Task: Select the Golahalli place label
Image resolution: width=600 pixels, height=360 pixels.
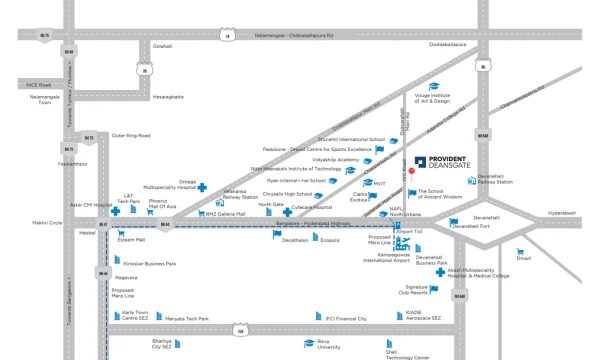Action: tap(162, 46)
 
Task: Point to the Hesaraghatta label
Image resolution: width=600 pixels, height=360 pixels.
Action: tap(168, 97)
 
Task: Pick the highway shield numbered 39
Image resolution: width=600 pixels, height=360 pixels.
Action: tap(145, 70)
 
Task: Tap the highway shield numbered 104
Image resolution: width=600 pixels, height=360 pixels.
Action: tap(240, 329)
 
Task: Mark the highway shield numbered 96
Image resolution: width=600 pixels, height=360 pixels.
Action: tap(484, 67)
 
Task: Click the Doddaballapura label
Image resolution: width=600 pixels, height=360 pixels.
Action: tap(448, 46)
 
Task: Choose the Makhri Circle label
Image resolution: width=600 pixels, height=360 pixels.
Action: tap(47, 223)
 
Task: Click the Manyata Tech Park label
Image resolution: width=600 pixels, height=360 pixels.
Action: tap(187, 319)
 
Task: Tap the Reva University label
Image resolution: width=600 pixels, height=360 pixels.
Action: tap(329, 346)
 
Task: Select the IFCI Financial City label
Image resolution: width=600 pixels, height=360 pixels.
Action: tap(347, 319)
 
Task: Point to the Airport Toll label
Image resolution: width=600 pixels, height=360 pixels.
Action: tap(410, 232)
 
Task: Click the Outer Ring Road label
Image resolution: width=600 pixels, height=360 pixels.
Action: tap(130, 135)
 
